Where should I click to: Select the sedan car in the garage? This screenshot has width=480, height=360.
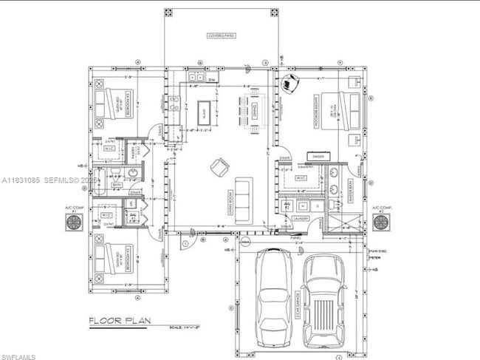click(274, 296)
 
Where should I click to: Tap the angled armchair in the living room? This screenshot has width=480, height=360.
click(220, 166)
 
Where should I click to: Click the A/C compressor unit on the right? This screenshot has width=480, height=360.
click(381, 223)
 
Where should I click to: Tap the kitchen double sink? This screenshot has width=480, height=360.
click(197, 77)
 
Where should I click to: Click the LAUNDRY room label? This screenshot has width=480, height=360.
click(301, 219)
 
